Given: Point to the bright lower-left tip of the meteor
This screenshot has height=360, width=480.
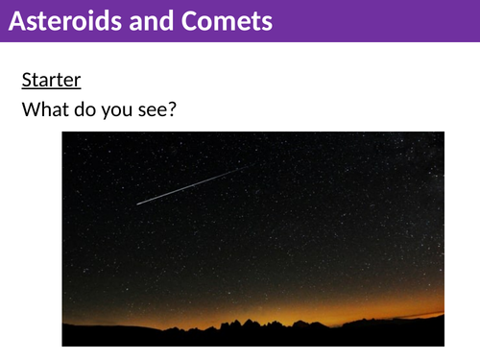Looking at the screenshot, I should [138, 203].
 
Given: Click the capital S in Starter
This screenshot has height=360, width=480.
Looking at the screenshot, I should [27, 80].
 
